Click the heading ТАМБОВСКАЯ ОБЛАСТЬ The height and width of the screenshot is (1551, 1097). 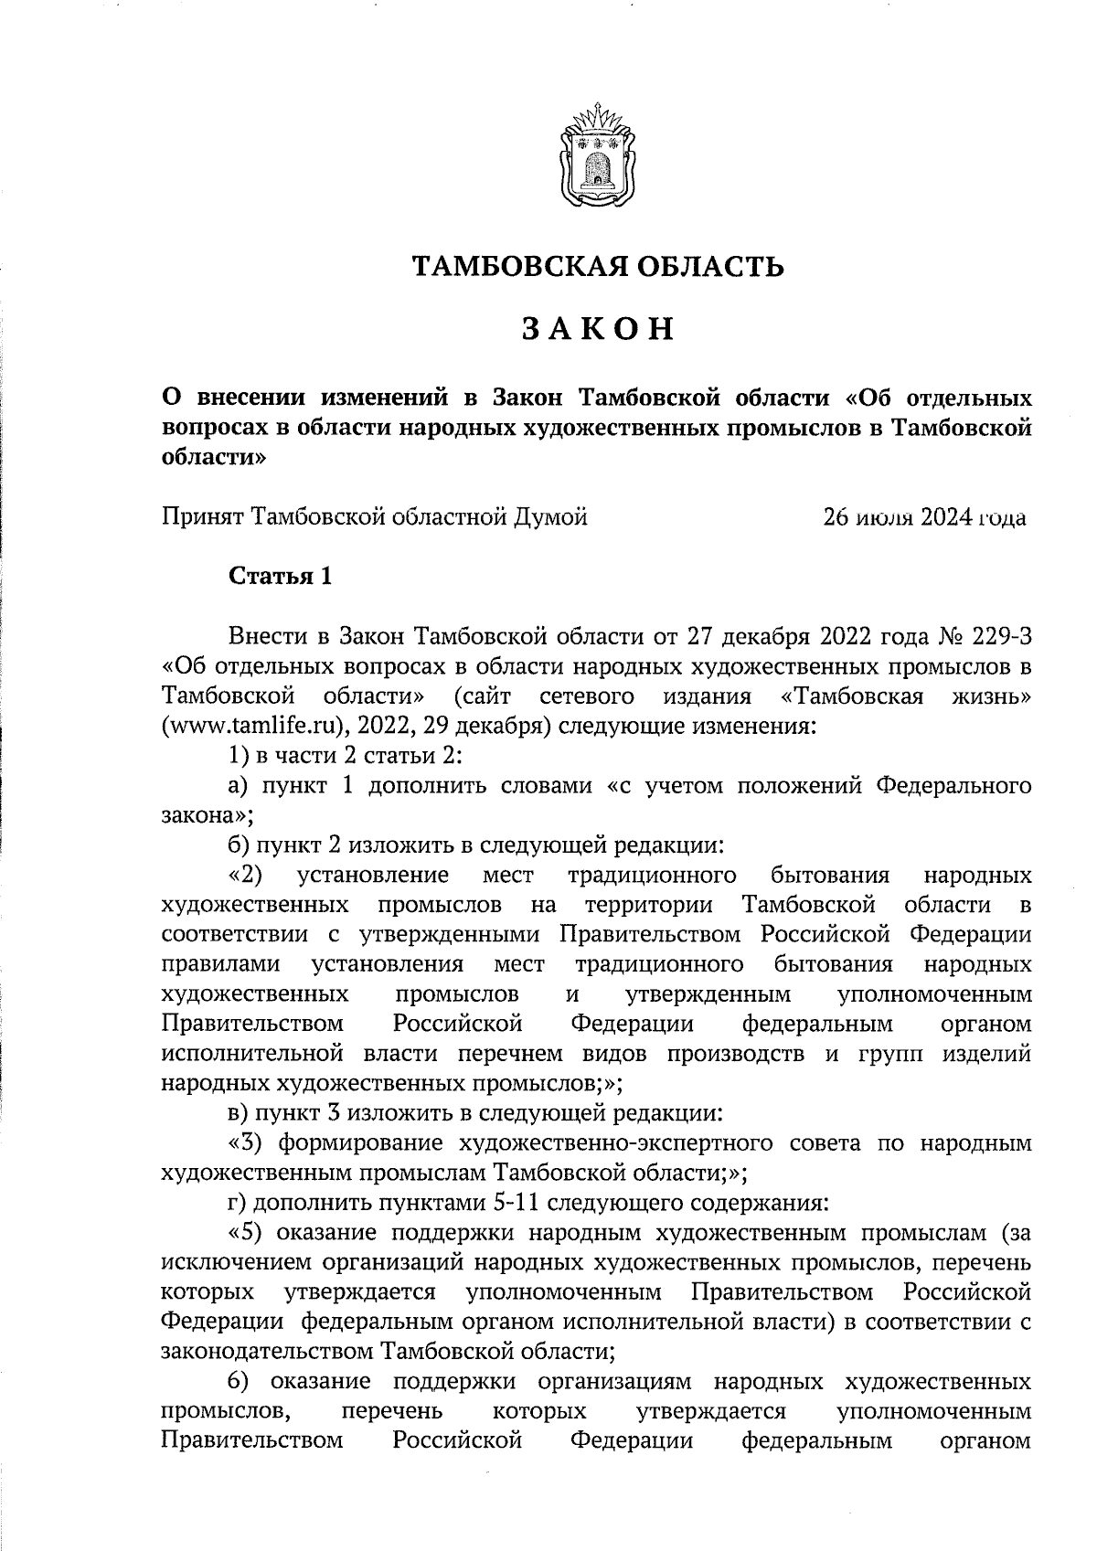coord(597,267)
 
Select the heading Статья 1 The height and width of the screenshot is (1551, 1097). coord(279,577)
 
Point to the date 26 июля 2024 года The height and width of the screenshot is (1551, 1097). coord(924,518)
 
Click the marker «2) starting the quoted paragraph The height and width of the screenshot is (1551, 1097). coord(246,876)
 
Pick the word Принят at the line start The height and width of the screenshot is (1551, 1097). coord(203,518)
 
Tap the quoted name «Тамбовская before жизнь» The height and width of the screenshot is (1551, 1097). coord(854,696)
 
